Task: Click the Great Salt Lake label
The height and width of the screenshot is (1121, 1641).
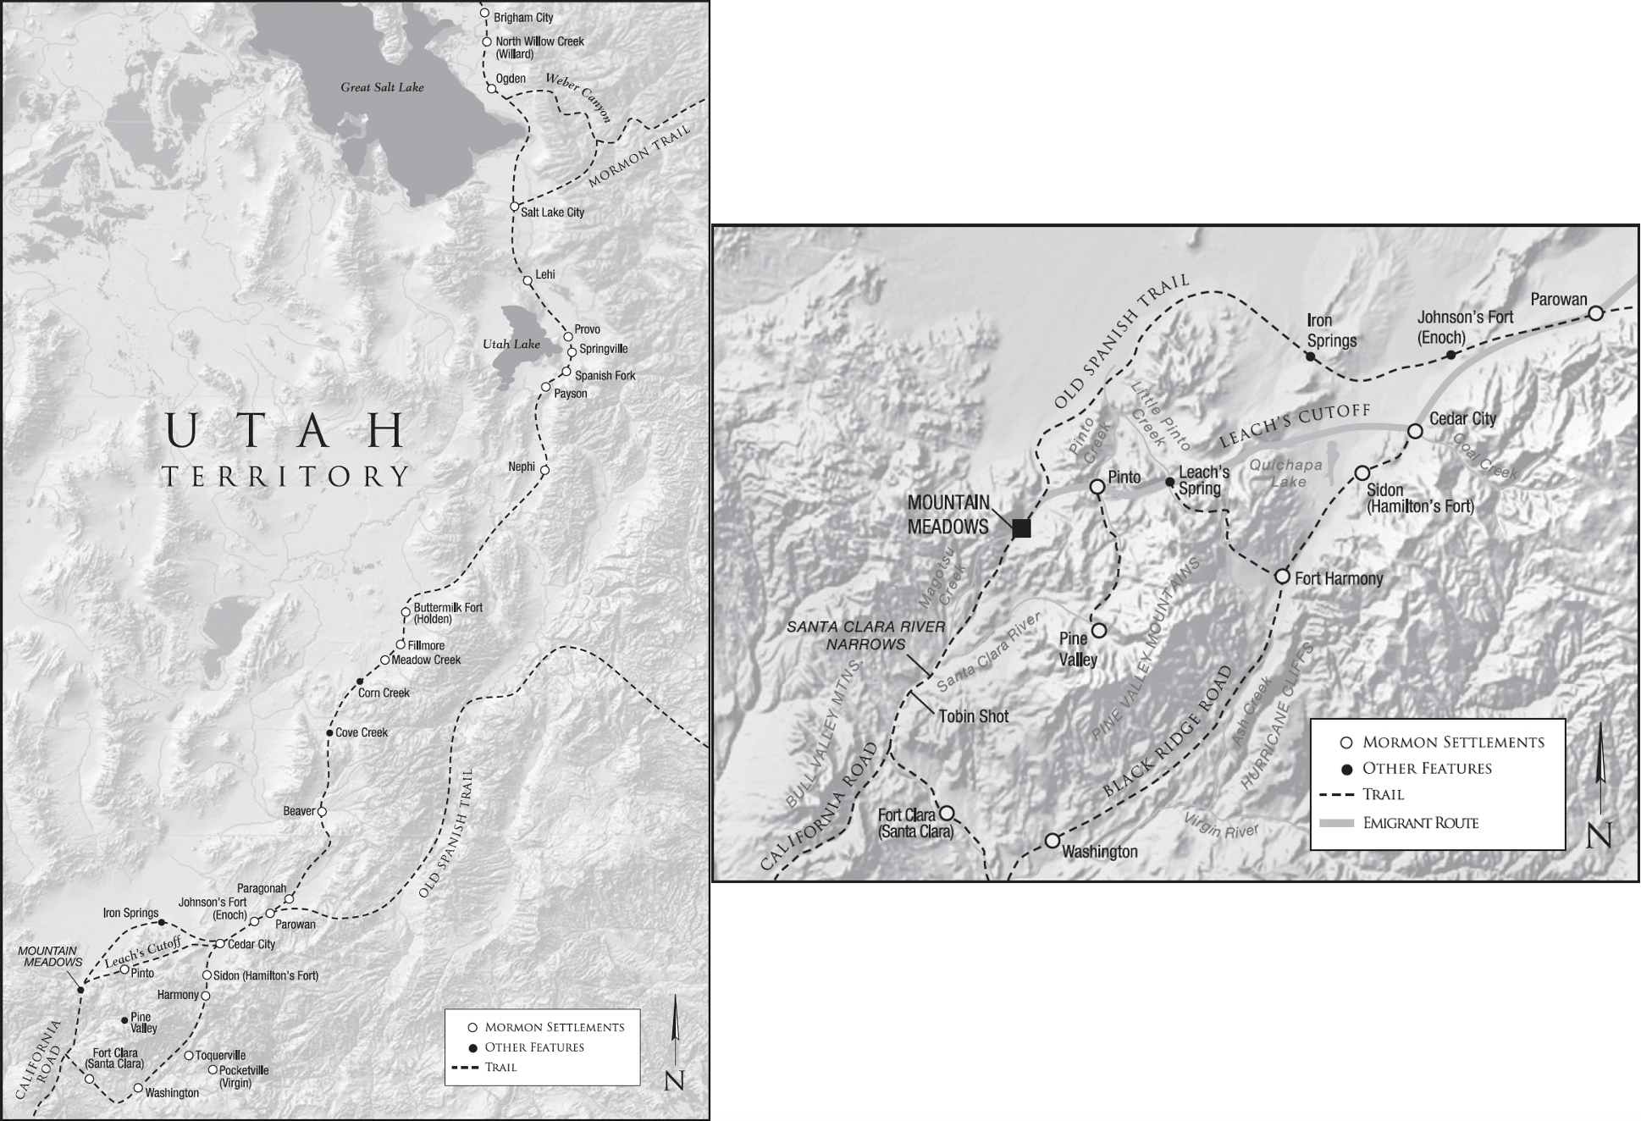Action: (382, 87)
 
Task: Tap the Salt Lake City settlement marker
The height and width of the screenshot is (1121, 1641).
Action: (514, 207)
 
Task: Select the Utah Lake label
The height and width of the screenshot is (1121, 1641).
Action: (511, 345)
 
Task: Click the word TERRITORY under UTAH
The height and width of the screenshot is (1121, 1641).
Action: (286, 477)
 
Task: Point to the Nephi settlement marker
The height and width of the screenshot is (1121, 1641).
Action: (544, 470)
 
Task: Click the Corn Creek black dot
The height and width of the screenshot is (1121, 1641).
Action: (360, 682)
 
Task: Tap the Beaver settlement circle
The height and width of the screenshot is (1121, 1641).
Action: (322, 811)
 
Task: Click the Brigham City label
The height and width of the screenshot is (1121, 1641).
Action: (523, 18)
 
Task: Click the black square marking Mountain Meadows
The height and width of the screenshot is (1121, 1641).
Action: (1022, 528)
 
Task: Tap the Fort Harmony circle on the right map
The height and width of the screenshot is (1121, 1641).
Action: (1282, 577)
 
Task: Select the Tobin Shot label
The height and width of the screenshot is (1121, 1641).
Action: (974, 716)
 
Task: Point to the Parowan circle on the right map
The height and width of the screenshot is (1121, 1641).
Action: (1595, 313)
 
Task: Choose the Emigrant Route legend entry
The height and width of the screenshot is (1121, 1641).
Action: (1420, 823)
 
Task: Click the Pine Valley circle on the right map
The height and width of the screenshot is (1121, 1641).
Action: (1098, 630)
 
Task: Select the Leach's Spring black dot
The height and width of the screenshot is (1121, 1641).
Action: (1169, 482)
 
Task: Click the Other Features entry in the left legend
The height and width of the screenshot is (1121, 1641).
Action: (533, 1047)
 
